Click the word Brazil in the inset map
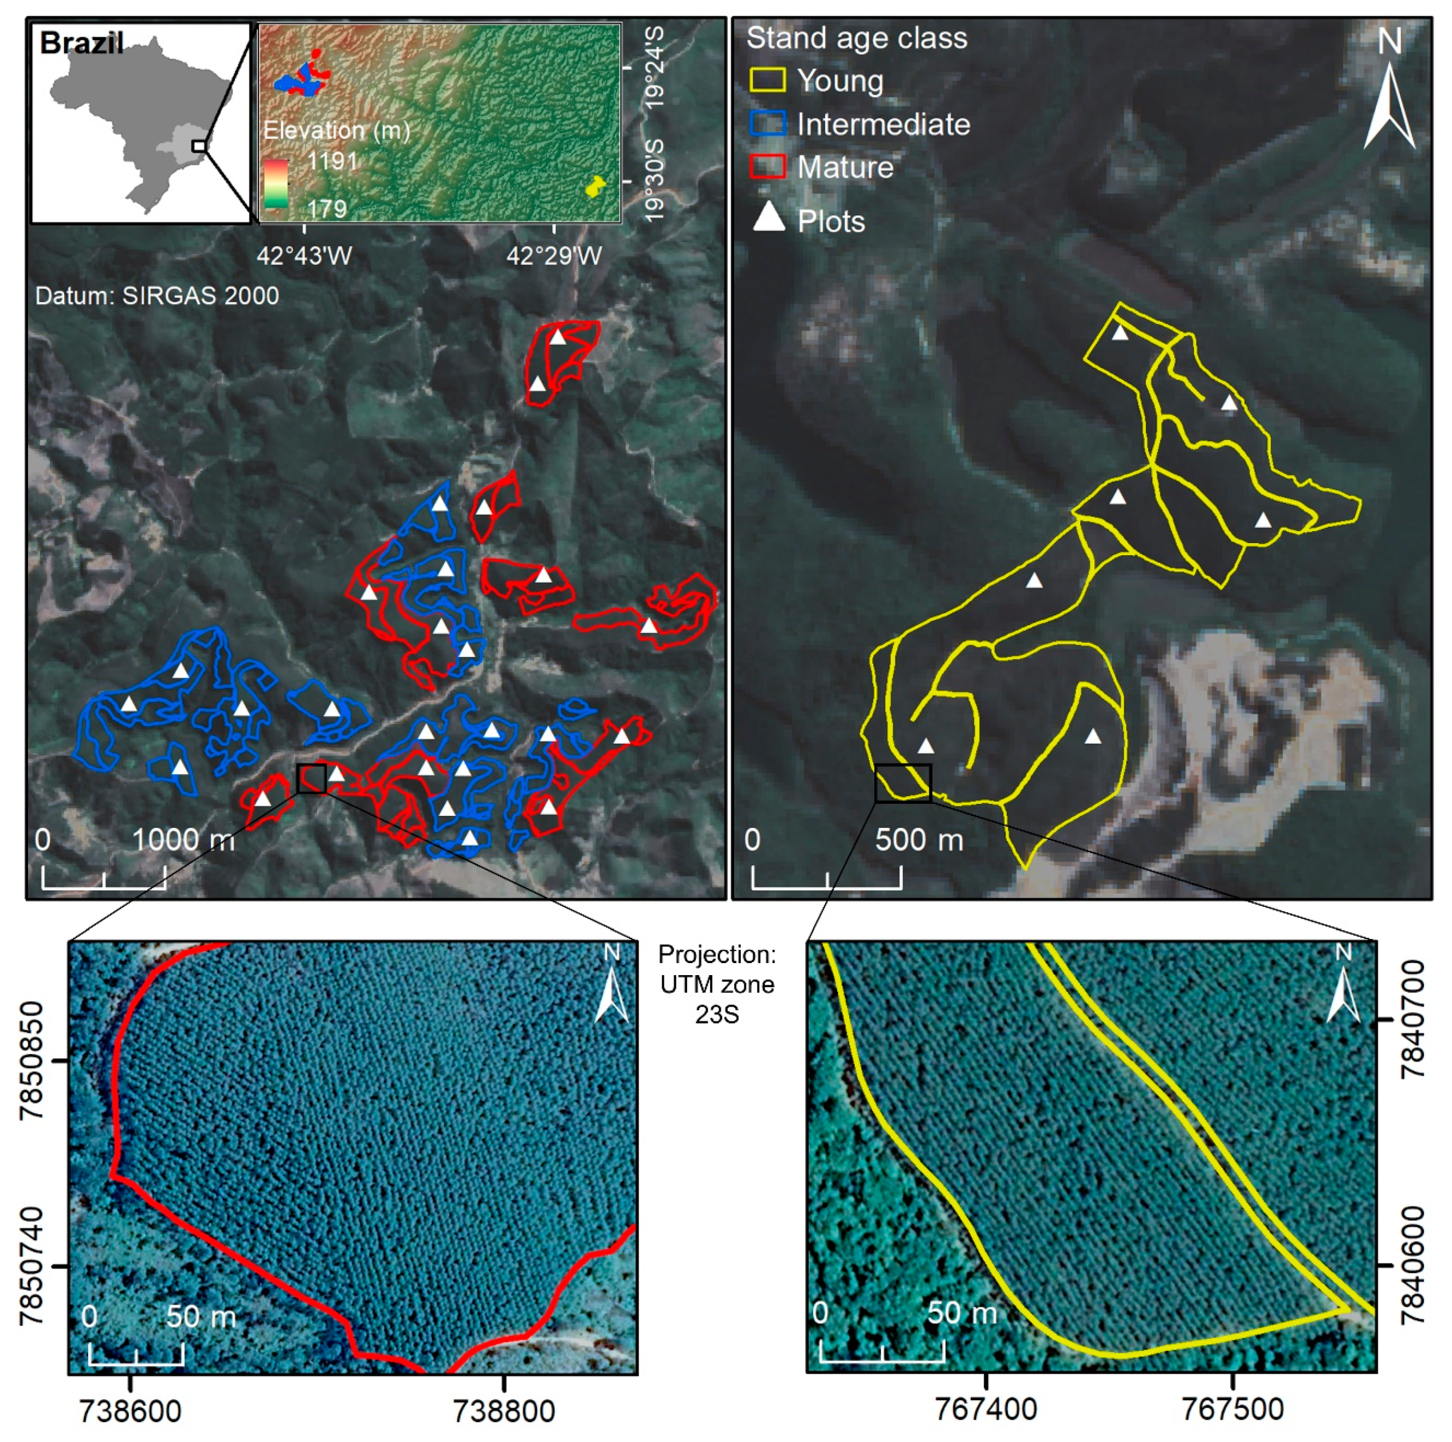81,44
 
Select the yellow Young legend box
767,80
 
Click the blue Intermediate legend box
767,123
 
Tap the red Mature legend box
767,166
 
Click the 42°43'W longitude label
304,256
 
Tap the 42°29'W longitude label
554,256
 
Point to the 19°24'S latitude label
654,67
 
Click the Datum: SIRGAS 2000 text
157,295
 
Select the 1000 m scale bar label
183,839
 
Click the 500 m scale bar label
919,839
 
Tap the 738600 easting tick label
130,1410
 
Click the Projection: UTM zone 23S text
717,984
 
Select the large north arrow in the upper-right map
1390,105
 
